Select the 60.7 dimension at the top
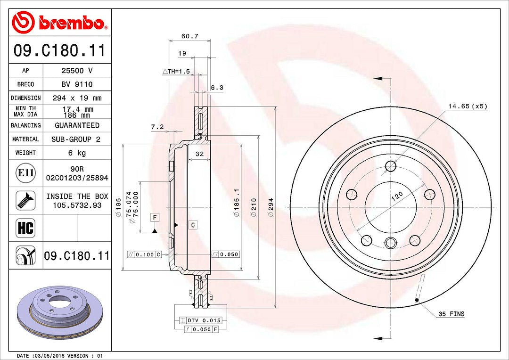pos(189,36)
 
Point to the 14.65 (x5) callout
pos(468,106)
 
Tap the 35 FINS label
pos(451,314)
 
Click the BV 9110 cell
pos(77,84)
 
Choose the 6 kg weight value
pos(77,153)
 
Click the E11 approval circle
pos(25,172)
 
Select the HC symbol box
pos(25,228)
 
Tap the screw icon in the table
pos(25,200)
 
